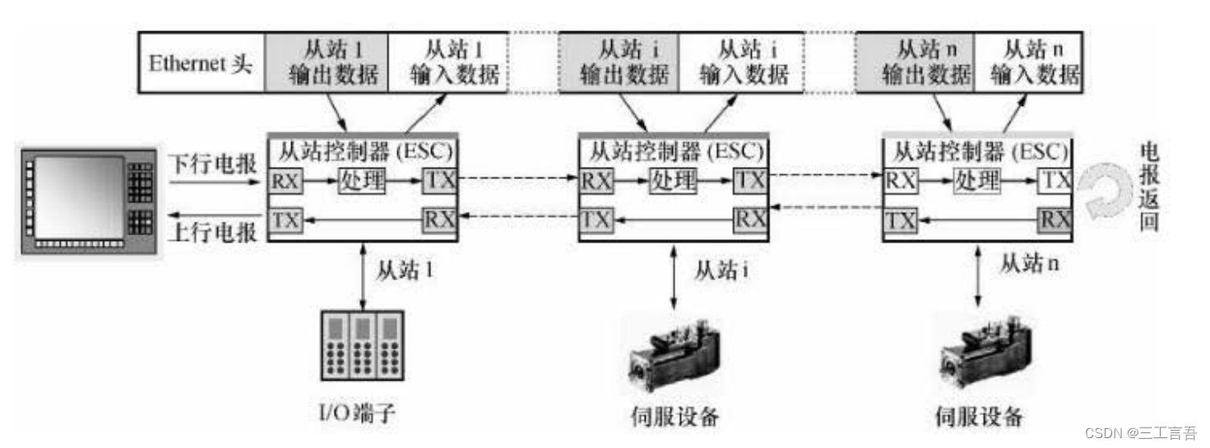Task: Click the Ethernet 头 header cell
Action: tap(200, 62)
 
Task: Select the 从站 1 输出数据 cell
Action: tap(326, 62)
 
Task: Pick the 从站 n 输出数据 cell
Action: tap(916, 62)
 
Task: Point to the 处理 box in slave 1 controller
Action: tap(363, 180)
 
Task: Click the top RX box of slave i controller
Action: tap(596, 180)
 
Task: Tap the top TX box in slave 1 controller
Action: tap(439, 180)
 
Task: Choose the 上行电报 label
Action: tap(212, 233)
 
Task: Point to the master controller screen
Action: tap(78, 196)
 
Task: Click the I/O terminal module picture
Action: tap(363, 345)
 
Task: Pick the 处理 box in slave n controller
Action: tap(976, 180)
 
